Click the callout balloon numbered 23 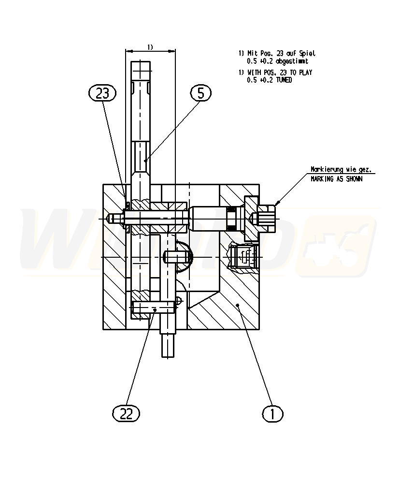[103, 93]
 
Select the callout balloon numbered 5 [200, 93]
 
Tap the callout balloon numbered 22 [126, 412]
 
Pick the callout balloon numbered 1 [273, 413]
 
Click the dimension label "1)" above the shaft [150, 47]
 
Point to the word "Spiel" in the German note [307, 54]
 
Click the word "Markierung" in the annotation [327, 170]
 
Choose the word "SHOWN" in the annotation [353, 178]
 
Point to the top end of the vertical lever [141, 67]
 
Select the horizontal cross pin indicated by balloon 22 [153, 307]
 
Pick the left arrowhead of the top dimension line [128, 50]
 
